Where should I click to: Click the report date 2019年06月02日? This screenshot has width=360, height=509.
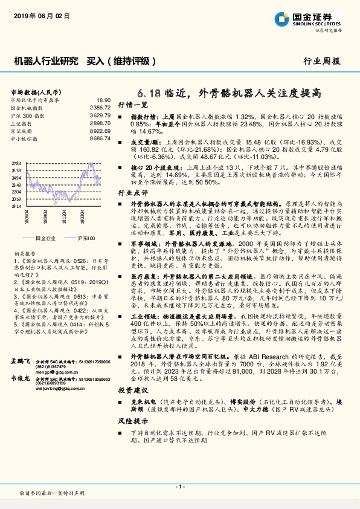click(37, 17)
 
